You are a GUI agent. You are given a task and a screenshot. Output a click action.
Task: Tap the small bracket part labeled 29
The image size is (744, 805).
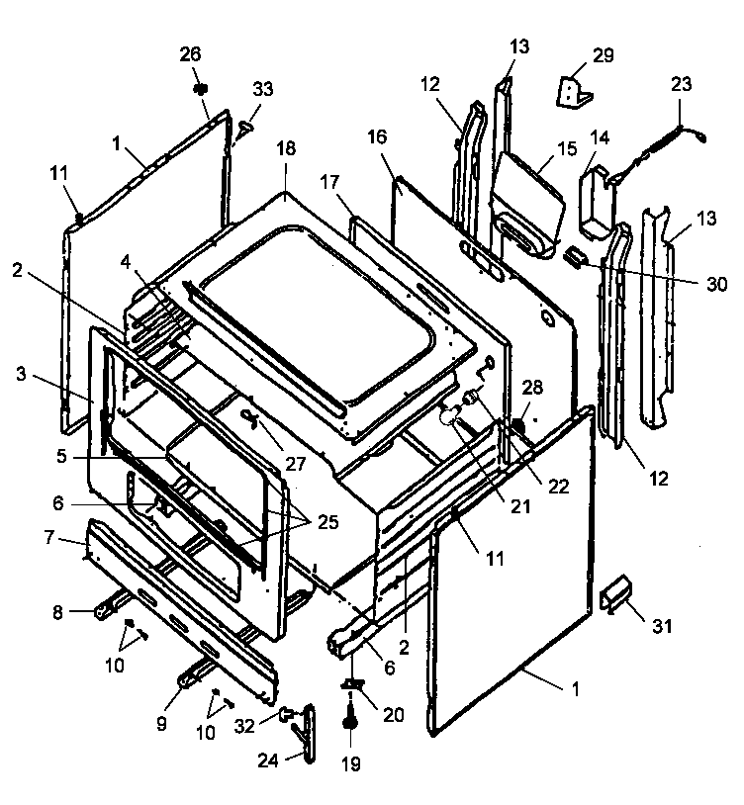575,91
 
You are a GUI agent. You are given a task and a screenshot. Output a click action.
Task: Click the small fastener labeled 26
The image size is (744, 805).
200,89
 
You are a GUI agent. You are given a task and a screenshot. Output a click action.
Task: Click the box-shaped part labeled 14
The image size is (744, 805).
597,203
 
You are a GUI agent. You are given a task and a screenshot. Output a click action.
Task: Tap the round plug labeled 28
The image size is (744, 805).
515,426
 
